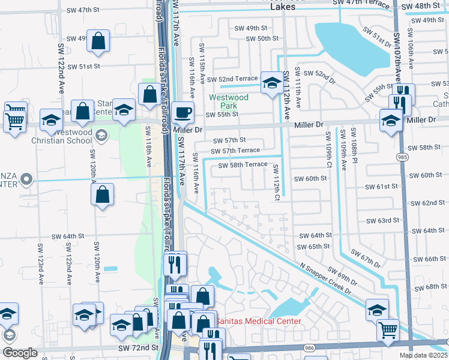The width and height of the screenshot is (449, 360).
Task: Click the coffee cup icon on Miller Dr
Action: click(182, 112)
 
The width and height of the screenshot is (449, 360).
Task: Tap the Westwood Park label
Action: click(228, 101)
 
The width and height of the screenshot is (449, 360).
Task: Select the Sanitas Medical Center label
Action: click(258, 322)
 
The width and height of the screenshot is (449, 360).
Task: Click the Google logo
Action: click(20, 353)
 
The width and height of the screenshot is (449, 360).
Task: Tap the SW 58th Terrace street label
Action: click(243, 165)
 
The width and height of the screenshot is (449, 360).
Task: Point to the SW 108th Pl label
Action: click(354, 142)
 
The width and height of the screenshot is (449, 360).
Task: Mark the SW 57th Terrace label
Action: click(236, 151)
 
